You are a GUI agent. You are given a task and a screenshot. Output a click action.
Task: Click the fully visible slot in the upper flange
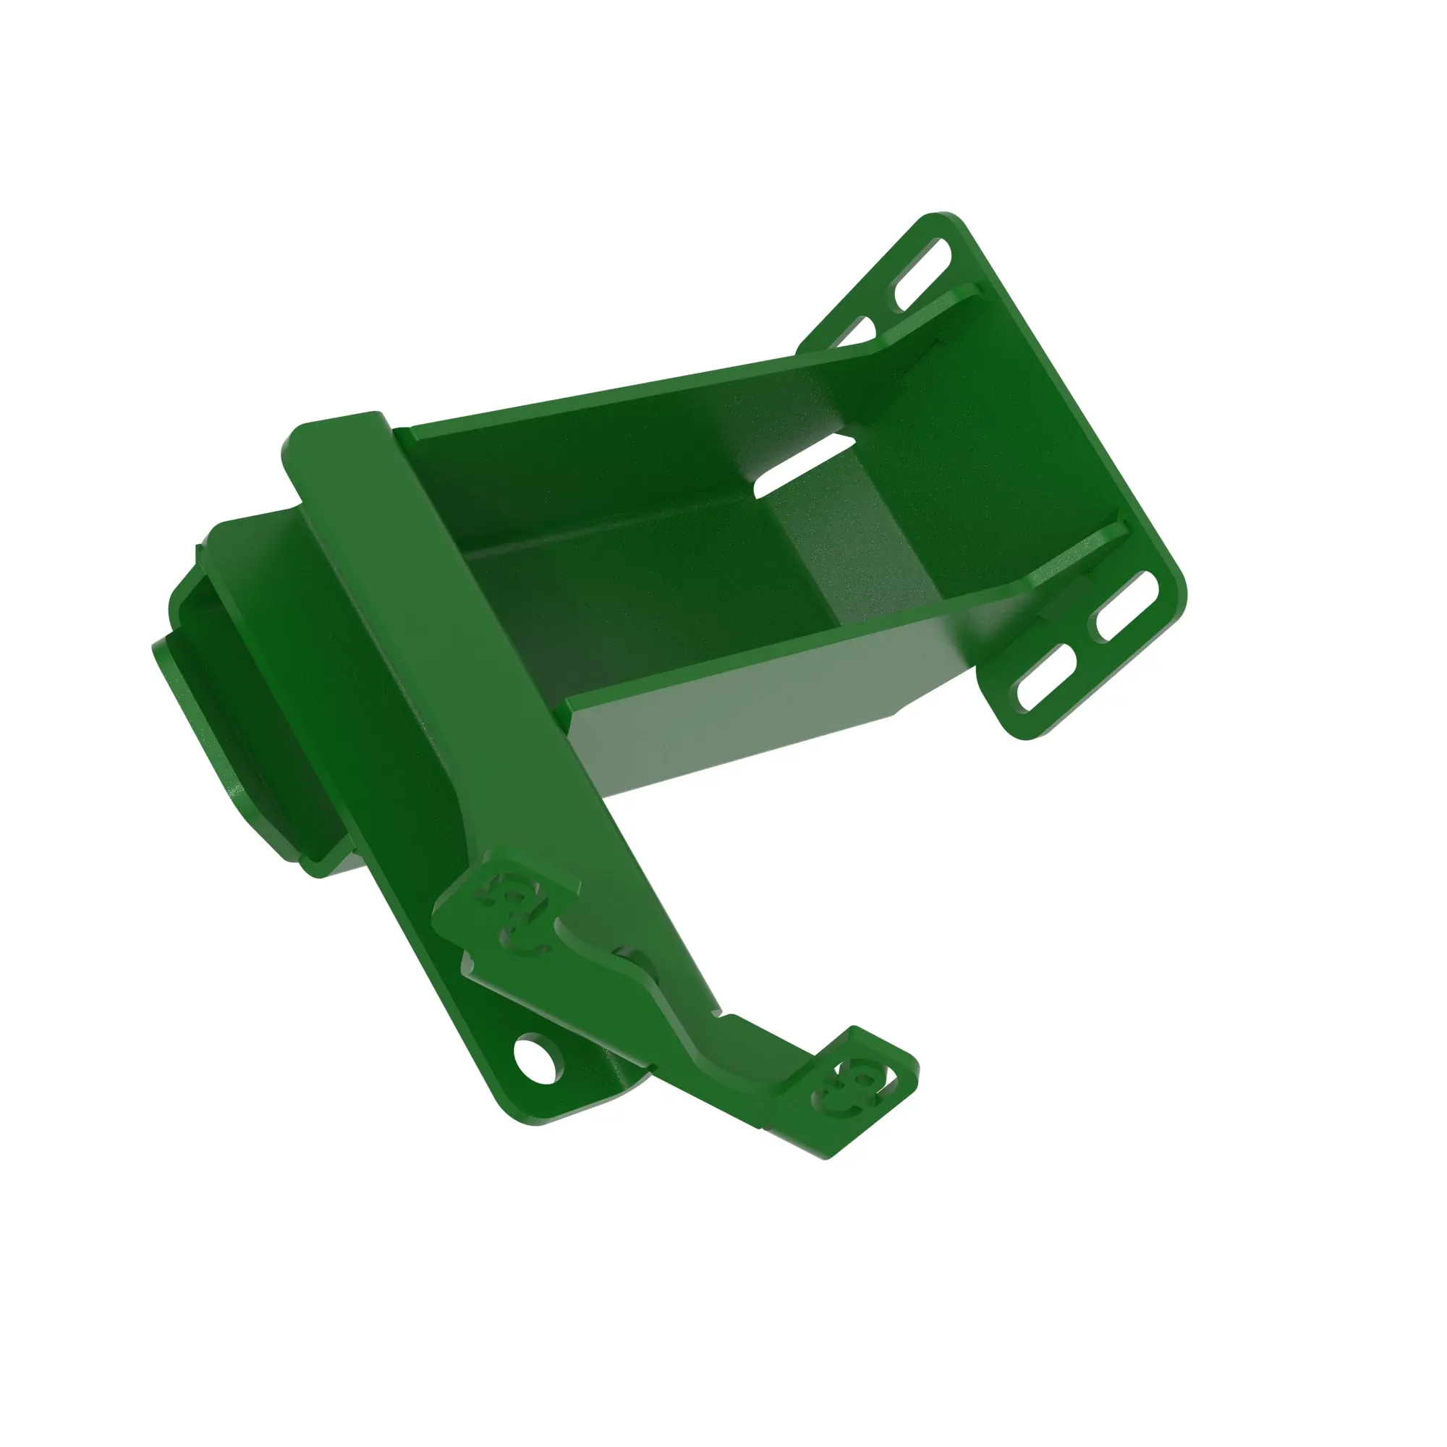click(922, 273)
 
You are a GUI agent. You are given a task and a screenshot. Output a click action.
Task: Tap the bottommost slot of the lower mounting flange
click(1046, 676)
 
